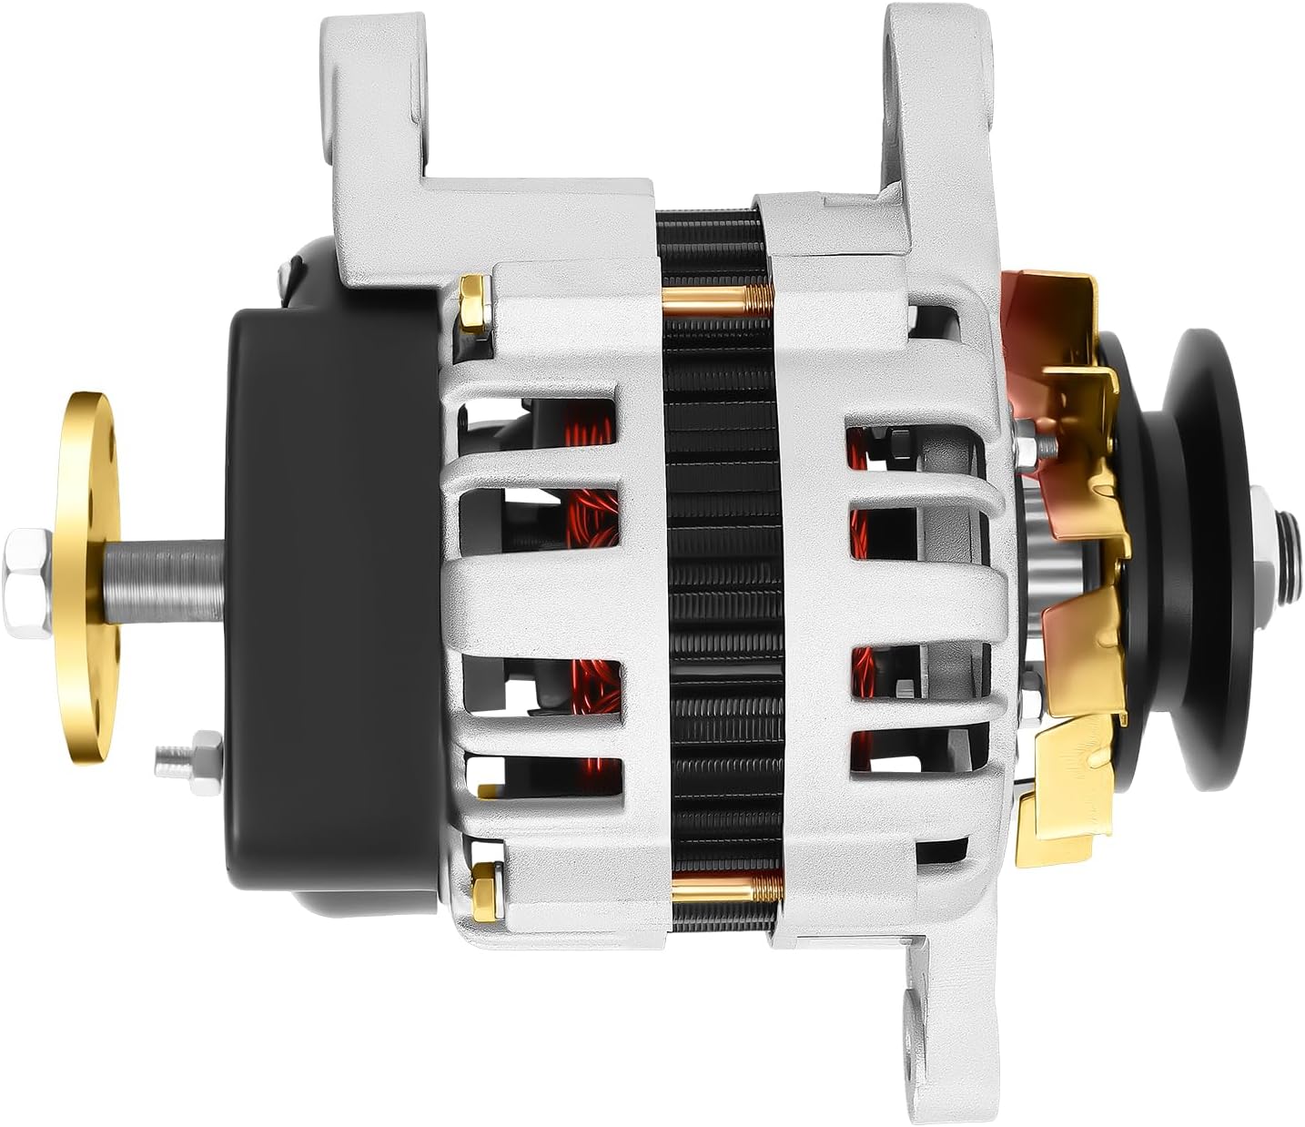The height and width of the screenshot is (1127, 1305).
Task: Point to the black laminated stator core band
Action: coord(719,583)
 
